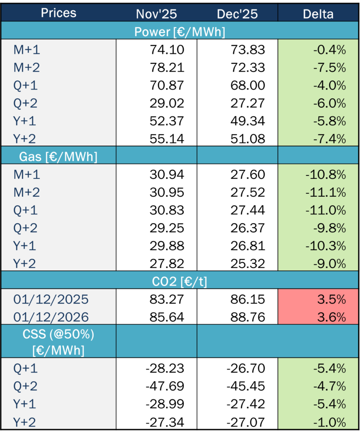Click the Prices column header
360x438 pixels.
click(58, 13)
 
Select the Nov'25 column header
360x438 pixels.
click(156, 14)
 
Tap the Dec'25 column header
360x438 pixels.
click(237, 14)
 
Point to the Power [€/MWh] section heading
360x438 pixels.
click(180, 32)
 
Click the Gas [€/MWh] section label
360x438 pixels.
click(58, 157)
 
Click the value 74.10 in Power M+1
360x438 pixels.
click(167, 50)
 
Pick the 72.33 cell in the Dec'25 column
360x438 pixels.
click(248, 68)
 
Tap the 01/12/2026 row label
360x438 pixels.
click(51, 317)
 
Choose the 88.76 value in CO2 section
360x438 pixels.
click(248, 317)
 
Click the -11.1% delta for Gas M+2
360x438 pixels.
click(326, 192)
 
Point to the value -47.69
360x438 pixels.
click(165, 387)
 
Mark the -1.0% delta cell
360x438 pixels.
click(331, 423)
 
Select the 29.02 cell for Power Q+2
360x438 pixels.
click(167, 104)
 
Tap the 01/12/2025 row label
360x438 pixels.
click(51, 299)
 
